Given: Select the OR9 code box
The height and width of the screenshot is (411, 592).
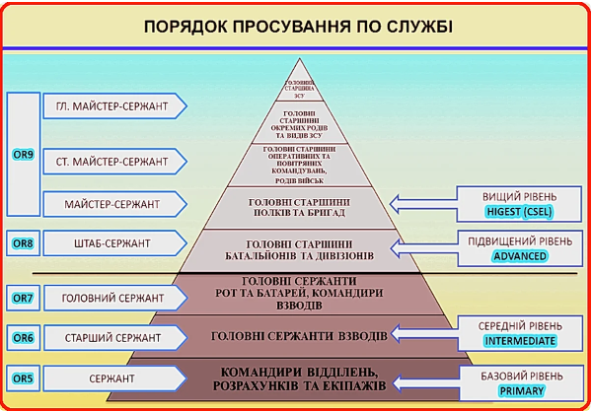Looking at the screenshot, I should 22,155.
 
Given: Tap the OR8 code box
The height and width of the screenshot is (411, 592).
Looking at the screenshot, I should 22,241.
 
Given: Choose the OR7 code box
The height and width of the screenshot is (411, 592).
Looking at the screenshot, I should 22,296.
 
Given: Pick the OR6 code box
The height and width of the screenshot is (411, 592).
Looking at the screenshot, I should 22,337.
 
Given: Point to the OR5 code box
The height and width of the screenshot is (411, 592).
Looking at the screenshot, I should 22,377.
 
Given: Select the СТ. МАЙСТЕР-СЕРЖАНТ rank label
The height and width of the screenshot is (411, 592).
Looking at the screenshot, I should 111,160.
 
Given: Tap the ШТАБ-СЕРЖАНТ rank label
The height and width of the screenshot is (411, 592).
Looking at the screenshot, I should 111,242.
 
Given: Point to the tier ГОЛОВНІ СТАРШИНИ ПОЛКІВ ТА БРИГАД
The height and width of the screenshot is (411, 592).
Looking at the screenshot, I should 299,203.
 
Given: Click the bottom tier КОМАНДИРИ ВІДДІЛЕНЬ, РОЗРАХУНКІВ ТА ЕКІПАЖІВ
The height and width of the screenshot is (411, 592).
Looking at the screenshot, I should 299,377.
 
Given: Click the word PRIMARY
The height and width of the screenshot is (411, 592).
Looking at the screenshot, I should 520,390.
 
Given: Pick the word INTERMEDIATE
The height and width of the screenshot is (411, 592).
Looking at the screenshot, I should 520,341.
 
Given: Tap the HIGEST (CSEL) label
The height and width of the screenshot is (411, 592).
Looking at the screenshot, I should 520,210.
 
